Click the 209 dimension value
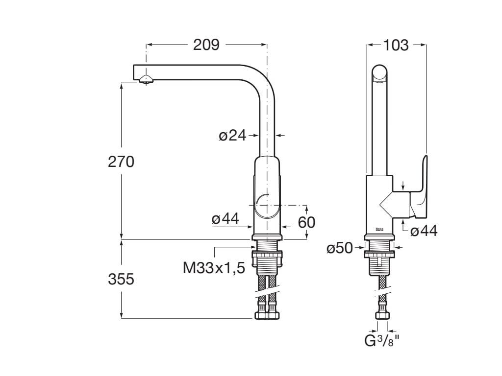[x=206, y=45]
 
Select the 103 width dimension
[x=396, y=45]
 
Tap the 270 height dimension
[x=121, y=162]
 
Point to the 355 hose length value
[x=121, y=279]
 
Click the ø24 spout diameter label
[x=232, y=135]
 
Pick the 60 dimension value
[x=307, y=222]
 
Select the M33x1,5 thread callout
[x=214, y=268]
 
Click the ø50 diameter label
[x=340, y=248]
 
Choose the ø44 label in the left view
[x=226, y=219]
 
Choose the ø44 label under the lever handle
[x=424, y=230]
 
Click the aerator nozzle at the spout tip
[x=146, y=80]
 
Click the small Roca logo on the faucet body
[x=379, y=228]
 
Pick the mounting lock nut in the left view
[x=267, y=255]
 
